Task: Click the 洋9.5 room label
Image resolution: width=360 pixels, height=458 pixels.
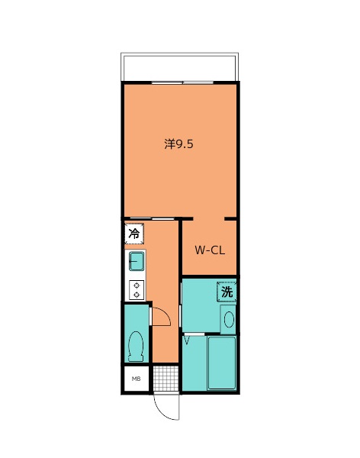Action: coord(178,144)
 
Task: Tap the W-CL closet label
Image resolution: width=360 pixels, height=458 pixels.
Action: coord(210,250)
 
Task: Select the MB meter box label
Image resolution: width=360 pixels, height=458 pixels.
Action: coord(136,379)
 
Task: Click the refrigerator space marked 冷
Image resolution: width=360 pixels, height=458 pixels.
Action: coord(134,234)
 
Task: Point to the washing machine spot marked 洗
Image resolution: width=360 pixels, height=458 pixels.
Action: coord(227,292)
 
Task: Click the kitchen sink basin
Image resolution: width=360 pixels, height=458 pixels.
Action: coord(137,261)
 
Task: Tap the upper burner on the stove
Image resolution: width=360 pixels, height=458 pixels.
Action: coord(137,285)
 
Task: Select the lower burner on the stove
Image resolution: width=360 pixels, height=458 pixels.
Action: coord(137,295)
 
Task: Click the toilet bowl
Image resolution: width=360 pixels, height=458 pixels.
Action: coord(136,346)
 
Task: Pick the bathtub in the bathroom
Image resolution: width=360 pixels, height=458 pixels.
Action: coord(222,363)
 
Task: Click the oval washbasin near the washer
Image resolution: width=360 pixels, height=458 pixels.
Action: coord(229,320)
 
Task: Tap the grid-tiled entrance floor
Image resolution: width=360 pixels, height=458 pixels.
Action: coord(166,379)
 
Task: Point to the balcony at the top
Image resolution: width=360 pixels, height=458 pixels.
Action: coord(179,67)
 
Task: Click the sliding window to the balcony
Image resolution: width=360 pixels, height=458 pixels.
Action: coord(182,82)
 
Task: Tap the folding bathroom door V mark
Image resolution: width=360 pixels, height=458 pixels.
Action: coord(187,340)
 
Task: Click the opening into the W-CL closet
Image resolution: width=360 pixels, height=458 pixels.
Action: coord(209,219)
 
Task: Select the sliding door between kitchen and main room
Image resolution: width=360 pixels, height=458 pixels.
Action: coord(152,219)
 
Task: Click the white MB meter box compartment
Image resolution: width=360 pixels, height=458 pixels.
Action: coord(137,379)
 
